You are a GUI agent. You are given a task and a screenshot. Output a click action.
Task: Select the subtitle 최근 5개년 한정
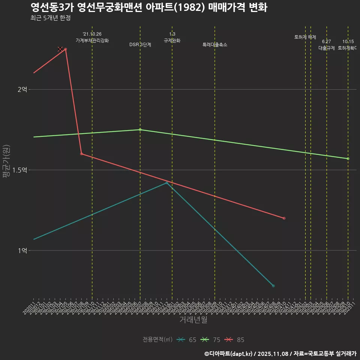coord(50,18)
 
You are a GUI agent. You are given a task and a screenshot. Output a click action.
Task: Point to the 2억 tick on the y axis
coord(22,90)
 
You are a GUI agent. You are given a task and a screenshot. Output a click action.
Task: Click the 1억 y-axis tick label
coord(22,250)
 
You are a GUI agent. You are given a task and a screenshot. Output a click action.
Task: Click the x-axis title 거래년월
coord(193,320)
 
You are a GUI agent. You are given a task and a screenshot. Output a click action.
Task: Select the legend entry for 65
coord(187,340)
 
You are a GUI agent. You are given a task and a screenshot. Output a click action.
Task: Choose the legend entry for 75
coord(211,340)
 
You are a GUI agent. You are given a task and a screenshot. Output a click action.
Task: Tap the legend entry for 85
coord(235,340)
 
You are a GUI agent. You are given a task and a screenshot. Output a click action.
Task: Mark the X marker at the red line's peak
coord(60,49)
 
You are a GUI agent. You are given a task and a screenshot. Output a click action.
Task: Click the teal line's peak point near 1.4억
coord(167,183)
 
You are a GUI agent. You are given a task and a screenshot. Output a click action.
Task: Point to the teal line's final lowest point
coord(273,286)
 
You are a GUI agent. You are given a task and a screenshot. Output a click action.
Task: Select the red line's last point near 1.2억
coord(284,218)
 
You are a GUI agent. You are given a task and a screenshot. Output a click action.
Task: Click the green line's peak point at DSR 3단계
coord(140,130)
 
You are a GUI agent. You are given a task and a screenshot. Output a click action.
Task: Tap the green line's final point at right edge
coord(348,159)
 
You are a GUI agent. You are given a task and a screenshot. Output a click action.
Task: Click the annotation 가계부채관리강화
coord(92,40)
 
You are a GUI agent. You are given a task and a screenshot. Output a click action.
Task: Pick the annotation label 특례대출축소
coord(215,45)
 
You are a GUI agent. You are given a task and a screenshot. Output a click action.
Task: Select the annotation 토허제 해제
coord(305,37)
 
